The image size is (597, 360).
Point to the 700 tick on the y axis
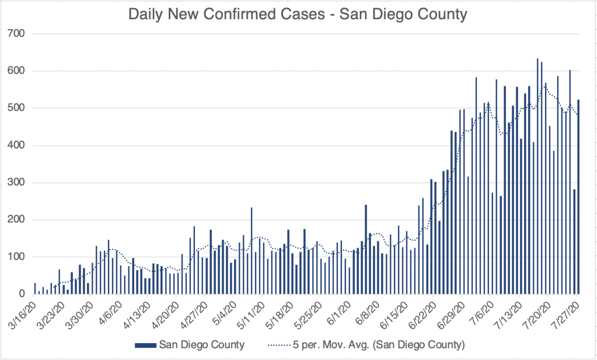18,34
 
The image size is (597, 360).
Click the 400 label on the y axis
18,145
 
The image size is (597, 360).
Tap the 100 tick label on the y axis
18,257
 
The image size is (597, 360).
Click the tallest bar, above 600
537,175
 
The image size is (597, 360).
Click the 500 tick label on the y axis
18,108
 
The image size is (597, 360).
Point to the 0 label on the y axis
23,294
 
